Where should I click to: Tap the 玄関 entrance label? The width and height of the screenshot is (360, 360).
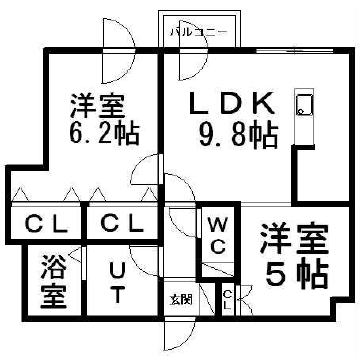click(x=181, y=298)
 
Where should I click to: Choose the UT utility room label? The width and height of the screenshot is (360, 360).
click(x=116, y=282)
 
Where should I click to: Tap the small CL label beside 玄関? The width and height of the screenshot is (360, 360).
click(x=228, y=297)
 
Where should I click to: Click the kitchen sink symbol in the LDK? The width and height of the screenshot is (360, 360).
click(x=304, y=105)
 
